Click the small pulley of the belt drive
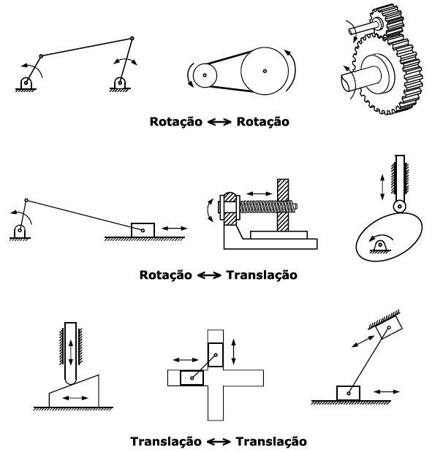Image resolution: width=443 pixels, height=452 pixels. point(205,74)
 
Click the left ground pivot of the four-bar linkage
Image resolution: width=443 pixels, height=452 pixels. point(26,82)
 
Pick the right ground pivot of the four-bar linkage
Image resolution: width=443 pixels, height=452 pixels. point(118,82)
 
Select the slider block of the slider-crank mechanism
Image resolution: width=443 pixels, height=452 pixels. point(143,229)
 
